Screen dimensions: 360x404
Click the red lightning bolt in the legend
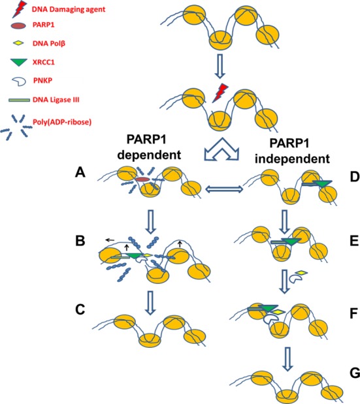click(20, 9)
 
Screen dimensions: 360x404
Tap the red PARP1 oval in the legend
click(18, 25)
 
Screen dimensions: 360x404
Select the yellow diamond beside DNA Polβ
click(18, 44)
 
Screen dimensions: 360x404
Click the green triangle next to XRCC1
click(19, 63)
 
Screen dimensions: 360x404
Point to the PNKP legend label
click(43, 81)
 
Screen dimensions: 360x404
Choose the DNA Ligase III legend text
click(56, 100)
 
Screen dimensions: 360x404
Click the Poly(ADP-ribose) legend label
click(62, 122)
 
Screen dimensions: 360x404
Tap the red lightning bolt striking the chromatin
click(220, 93)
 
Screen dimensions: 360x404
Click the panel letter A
click(80, 172)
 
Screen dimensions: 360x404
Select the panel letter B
click(80, 240)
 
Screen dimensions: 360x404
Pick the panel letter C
click(80, 309)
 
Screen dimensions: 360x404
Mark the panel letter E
click(355, 241)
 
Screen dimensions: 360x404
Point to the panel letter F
click(354, 314)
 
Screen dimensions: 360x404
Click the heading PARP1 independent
click(292, 151)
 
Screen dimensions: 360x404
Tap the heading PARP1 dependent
click(150, 148)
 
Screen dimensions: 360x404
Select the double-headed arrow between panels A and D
click(224, 190)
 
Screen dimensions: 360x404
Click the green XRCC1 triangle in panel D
click(322, 184)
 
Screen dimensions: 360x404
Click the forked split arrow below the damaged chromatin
click(221, 149)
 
